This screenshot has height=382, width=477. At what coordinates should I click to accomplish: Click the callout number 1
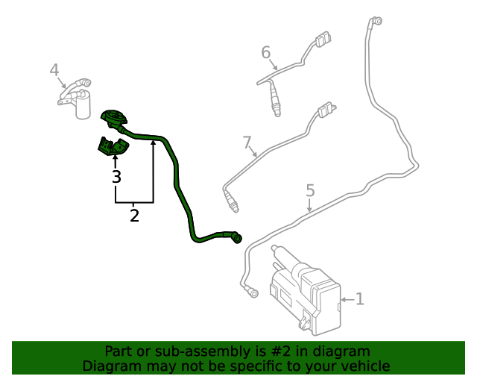(360, 300)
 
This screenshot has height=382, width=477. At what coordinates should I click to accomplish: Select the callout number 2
(134, 216)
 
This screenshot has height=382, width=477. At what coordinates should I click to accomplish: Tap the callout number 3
(116, 177)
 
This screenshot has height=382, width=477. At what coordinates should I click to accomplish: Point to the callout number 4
(54, 70)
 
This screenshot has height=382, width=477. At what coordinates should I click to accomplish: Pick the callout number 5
(311, 191)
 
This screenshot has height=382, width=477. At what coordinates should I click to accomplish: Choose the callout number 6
(265, 52)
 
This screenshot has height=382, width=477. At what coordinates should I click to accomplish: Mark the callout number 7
(247, 142)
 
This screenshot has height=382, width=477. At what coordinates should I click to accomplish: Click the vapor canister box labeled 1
(306, 295)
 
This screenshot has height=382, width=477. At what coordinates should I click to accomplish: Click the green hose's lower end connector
(235, 238)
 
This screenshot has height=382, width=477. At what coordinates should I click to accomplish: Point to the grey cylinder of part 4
(83, 106)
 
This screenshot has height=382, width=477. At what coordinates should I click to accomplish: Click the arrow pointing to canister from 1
(344, 300)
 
